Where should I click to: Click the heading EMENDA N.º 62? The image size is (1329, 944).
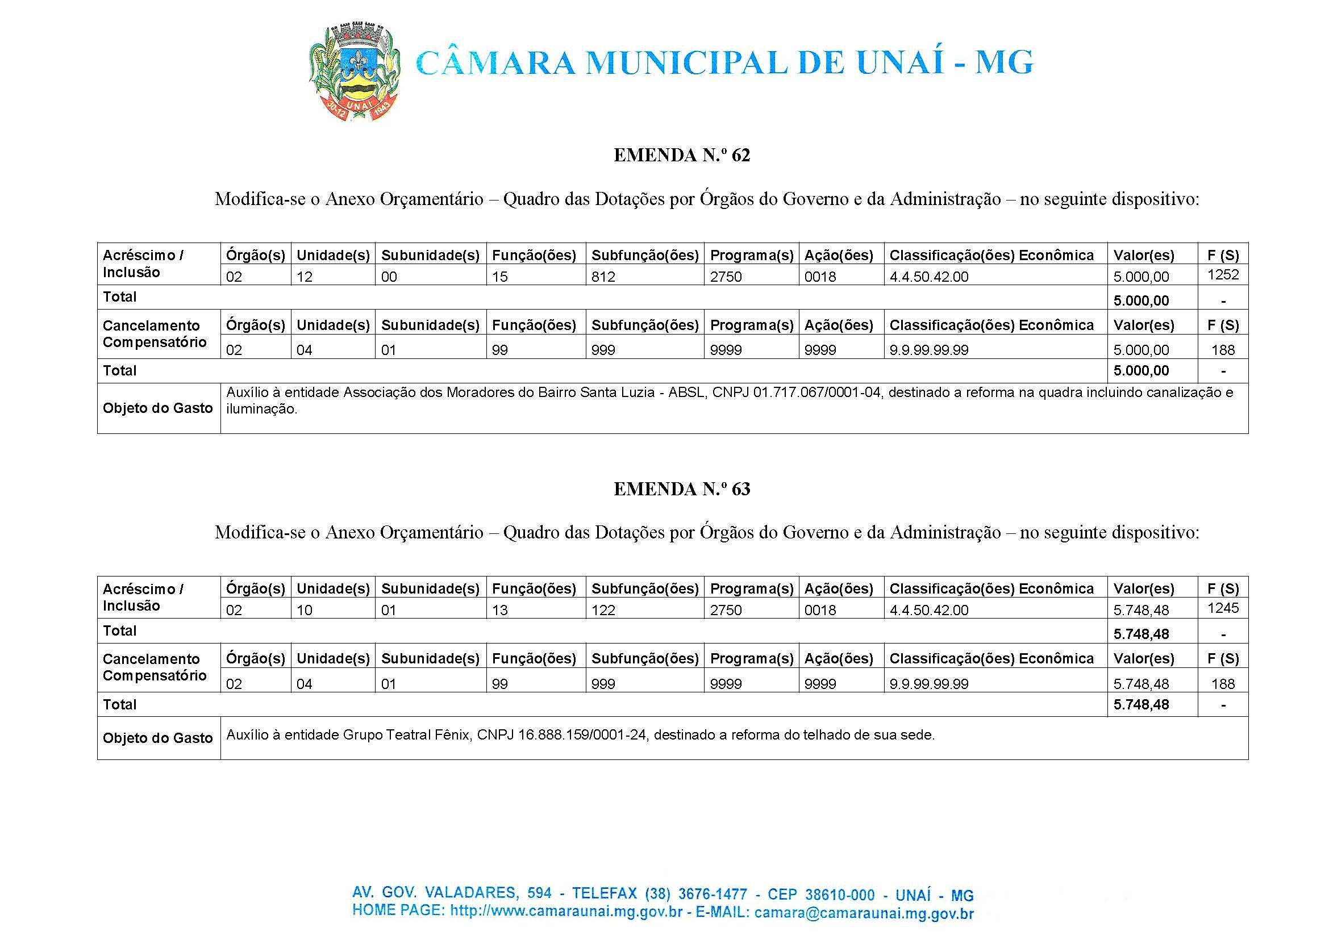[x=682, y=155]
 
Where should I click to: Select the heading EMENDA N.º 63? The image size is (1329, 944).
[x=682, y=489]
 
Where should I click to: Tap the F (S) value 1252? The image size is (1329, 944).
[x=1223, y=274]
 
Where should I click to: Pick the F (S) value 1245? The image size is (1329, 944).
[x=1223, y=608]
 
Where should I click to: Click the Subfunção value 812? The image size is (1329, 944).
[x=603, y=277]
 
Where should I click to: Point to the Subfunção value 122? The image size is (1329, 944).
[x=603, y=611]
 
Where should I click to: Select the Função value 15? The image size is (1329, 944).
[x=499, y=277]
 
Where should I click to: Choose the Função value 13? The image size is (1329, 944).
[x=499, y=611]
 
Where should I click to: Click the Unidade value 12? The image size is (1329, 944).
[x=304, y=277]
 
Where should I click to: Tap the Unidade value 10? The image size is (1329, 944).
[x=304, y=611]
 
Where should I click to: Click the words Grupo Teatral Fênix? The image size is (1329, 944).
[x=406, y=735]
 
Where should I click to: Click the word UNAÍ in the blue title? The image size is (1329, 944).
[x=899, y=63]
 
